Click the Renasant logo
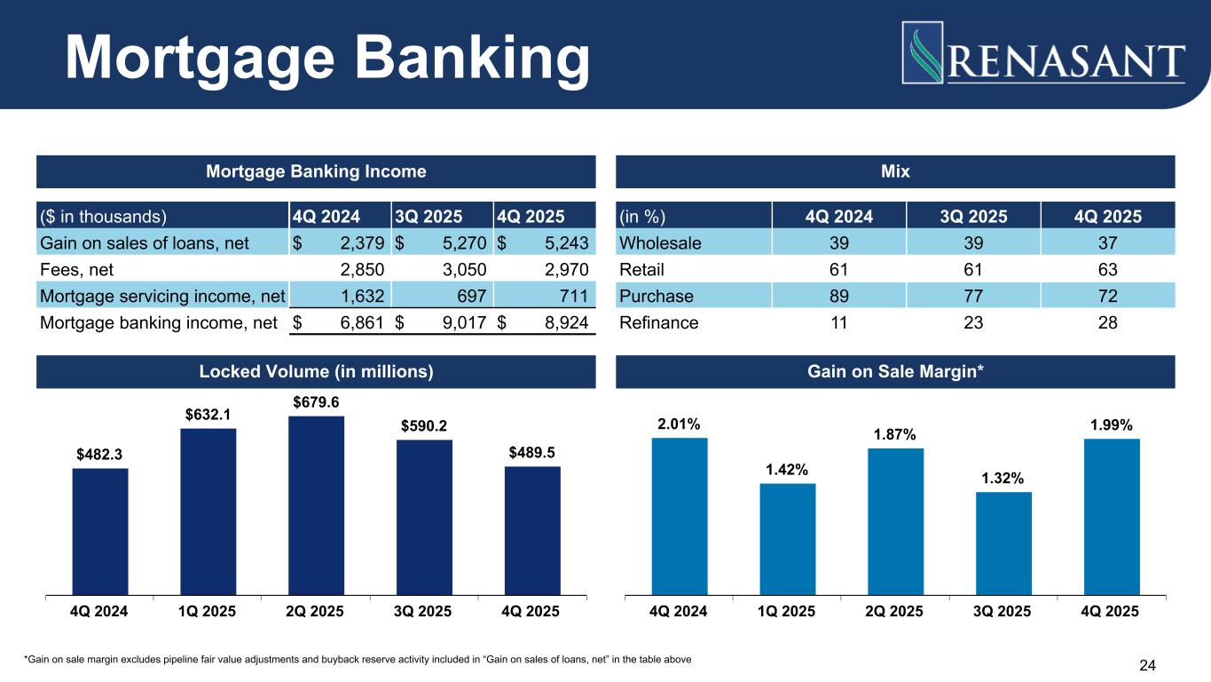coord(1043,53)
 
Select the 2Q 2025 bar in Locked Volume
coord(316,504)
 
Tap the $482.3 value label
coord(99,455)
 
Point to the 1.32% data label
coord(1003,479)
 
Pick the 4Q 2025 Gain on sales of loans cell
coord(544,243)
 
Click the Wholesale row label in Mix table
coord(661,243)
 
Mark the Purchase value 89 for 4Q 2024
coord(837,296)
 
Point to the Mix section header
coord(895,171)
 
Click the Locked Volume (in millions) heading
coord(316,372)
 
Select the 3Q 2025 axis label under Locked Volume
coord(424,611)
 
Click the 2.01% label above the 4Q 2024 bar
coord(679,425)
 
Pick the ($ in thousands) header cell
coord(103,216)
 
